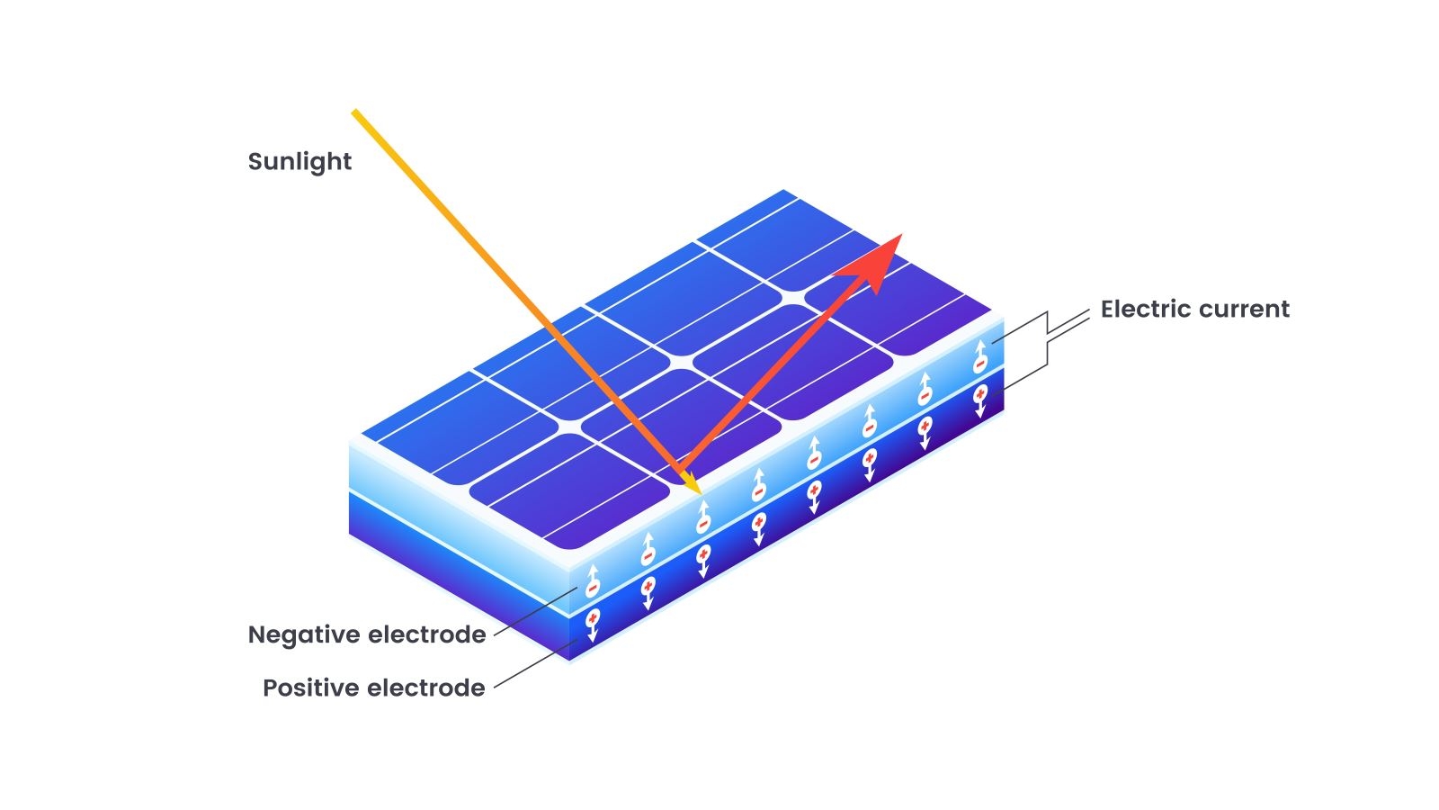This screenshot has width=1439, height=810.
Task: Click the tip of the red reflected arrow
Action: click(902, 235)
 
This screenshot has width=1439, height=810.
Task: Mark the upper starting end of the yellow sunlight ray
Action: click(354, 112)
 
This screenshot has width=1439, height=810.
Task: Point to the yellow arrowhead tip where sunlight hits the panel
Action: click(701, 494)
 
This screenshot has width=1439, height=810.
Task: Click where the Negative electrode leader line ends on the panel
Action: click(576, 589)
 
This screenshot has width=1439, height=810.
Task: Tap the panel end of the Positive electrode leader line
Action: click(578, 641)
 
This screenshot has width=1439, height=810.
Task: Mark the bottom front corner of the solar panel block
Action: click(570, 661)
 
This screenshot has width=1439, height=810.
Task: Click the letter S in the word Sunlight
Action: click(255, 161)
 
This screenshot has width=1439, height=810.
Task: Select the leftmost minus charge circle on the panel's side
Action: click(593, 588)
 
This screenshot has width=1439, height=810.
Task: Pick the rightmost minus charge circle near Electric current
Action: click(979, 364)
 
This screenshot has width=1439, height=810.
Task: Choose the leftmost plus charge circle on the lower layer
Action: click(593, 617)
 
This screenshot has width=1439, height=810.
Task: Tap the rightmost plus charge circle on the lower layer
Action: click(980, 393)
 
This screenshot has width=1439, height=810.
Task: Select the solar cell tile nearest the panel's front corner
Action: click(570, 490)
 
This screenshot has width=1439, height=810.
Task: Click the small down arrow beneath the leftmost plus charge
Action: click(593, 634)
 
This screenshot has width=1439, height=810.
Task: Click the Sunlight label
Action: click(300, 162)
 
